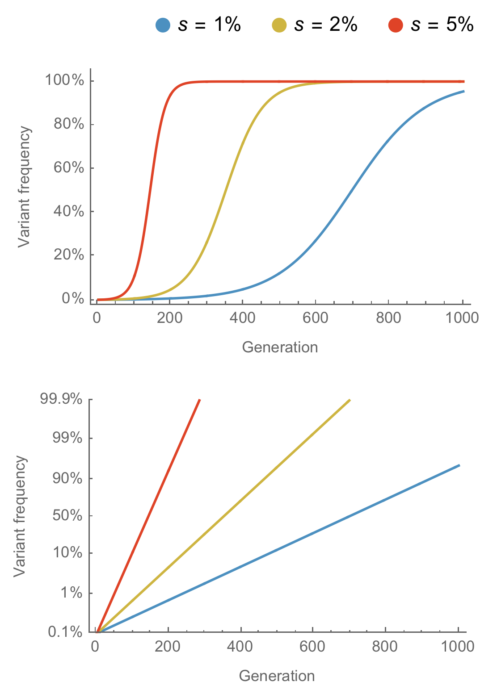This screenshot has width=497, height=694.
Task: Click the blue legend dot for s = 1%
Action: (163, 25)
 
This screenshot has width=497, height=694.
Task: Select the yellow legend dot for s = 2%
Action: (279, 25)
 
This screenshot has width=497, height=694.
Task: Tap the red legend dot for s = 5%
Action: (396, 25)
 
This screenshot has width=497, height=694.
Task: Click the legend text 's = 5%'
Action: (442, 25)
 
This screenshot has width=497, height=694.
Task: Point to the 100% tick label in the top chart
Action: (64, 81)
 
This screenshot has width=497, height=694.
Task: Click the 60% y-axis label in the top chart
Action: (69, 168)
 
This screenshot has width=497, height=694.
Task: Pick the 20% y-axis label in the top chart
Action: (69, 255)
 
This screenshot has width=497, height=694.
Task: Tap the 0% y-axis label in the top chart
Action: (73, 298)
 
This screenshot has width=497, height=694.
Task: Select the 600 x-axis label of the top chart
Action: (315, 318)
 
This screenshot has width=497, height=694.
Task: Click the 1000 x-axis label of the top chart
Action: (462, 318)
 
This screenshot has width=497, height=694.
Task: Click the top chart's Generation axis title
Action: (280, 347)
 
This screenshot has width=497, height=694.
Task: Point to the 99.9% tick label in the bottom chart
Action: (61, 399)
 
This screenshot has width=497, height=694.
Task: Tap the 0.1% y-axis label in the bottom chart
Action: (65, 632)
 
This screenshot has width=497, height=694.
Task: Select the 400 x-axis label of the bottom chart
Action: (240, 647)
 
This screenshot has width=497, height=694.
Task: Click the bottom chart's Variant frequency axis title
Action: (20, 516)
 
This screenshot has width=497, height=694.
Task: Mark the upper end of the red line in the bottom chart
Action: (200, 399)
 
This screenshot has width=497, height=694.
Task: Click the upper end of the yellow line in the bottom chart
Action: (350, 399)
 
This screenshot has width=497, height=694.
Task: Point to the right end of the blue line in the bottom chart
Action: (459, 465)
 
